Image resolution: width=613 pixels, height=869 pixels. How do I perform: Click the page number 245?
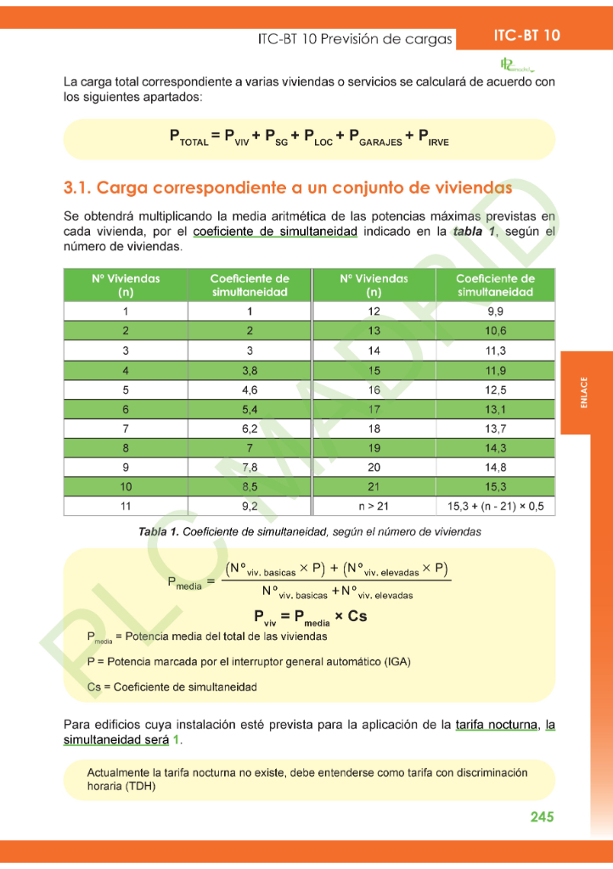pyautogui.click(x=542, y=816)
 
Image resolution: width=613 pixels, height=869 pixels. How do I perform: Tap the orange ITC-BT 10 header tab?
pyautogui.click(x=526, y=36)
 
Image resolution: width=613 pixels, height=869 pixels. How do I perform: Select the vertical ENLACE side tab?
pyautogui.click(x=585, y=394)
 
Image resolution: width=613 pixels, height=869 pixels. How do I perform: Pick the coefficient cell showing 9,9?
pyautogui.click(x=495, y=311)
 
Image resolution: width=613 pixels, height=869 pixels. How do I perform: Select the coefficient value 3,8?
pyautogui.click(x=250, y=370)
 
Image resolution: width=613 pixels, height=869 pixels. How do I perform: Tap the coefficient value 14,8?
pyautogui.click(x=495, y=467)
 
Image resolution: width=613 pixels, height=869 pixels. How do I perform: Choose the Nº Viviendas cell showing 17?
pyautogui.click(x=374, y=409)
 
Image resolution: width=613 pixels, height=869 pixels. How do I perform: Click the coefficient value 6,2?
pyautogui.click(x=250, y=429)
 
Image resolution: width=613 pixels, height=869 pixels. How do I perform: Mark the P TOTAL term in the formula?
pyautogui.click(x=188, y=137)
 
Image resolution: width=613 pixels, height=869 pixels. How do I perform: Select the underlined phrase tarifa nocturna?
pyautogui.click(x=496, y=725)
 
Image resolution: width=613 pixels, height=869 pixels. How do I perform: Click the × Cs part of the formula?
pyautogui.click(x=351, y=616)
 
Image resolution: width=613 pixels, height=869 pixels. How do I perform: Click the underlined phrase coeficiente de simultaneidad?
pyautogui.click(x=274, y=232)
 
